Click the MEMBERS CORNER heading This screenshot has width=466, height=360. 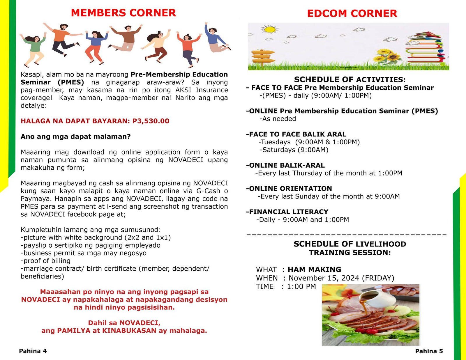click(123, 13)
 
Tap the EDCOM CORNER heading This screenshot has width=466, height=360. click(352, 13)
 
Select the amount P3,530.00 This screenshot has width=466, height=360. click(151, 121)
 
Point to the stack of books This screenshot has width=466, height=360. click(426, 48)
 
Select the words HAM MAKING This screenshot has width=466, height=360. click(314, 269)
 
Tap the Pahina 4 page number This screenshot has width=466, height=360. click(33, 351)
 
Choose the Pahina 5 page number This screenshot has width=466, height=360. click(429, 351)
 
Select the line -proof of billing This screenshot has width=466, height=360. click(46, 261)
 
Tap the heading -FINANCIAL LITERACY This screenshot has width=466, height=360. click(287, 212)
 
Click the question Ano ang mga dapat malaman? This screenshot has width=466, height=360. click(76, 136)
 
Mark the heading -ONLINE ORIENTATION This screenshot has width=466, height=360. click(289, 189)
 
